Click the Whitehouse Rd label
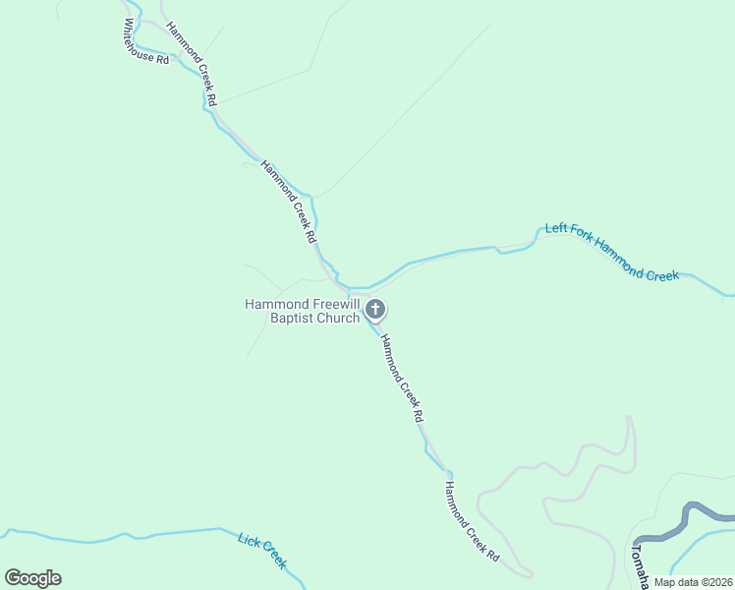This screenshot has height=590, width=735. [146, 42]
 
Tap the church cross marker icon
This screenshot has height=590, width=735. [374, 310]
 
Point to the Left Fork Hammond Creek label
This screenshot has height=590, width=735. [612, 253]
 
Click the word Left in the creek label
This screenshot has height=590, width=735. [557, 230]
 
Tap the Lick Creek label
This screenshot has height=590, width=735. [262, 551]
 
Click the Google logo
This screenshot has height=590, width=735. [32, 578]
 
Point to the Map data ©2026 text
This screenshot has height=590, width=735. [693, 582]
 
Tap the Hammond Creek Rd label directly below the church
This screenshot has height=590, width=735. [401, 379]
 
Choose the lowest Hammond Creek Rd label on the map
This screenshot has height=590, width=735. [472, 520]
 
